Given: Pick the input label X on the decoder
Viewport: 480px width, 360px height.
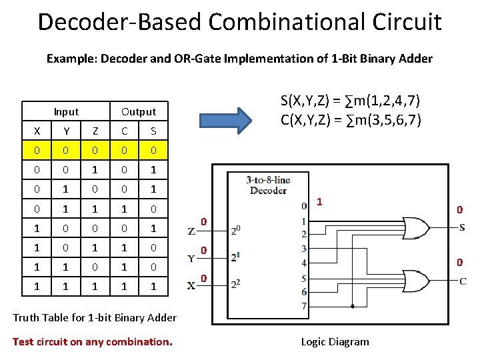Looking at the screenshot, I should coord(192,285).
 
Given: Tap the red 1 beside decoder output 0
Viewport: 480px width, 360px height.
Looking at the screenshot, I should coord(320,201).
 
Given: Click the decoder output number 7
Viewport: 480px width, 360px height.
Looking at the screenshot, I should coord(304,306).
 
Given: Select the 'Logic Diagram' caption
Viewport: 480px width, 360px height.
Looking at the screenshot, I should coord(335,341).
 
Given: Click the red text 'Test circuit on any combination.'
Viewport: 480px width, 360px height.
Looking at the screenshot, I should coord(92,341).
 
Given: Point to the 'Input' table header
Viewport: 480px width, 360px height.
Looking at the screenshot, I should coord(66,111).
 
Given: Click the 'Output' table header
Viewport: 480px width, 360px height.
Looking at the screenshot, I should coord(139,111).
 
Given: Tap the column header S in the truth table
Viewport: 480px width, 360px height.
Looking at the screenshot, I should coord(153,131).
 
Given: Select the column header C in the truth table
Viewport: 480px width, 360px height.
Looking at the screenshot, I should coord(124,131).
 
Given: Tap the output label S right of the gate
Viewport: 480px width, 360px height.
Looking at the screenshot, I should coord(462,227).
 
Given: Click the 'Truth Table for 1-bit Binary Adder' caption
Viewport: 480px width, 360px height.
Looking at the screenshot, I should coord(94,317).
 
